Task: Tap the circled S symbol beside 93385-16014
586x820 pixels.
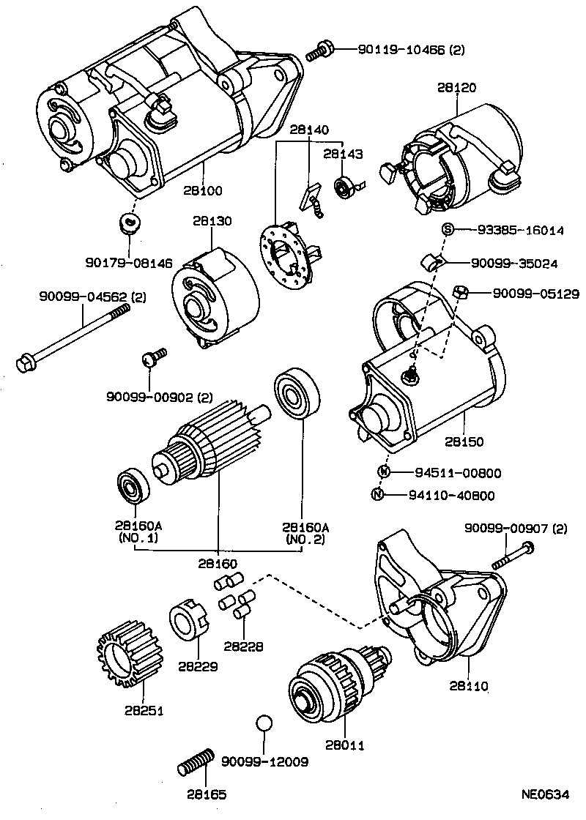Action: (x=447, y=230)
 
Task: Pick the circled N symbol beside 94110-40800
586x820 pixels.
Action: (x=378, y=495)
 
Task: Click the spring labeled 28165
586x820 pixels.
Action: (x=196, y=764)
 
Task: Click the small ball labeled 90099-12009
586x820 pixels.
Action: (x=264, y=723)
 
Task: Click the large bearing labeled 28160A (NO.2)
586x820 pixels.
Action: (x=298, y=395)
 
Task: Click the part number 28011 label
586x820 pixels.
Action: (x=346, y=745)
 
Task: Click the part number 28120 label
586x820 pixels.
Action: (x=458, y=88)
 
